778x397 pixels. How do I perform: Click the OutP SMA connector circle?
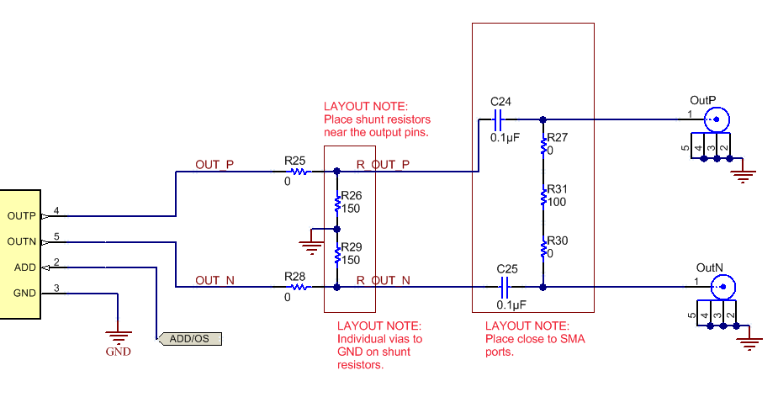pyautogui.click(x=717, y=119)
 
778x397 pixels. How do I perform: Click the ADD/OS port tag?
pyautogui.click(x=189, y=339)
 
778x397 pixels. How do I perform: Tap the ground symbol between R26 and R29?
pyautogui.click(x=311, y=246)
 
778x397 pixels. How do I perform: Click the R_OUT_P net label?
pyautogui.click(x=383, y=164)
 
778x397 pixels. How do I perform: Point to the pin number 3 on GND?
pyautogui.click(x=56, y=288)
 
